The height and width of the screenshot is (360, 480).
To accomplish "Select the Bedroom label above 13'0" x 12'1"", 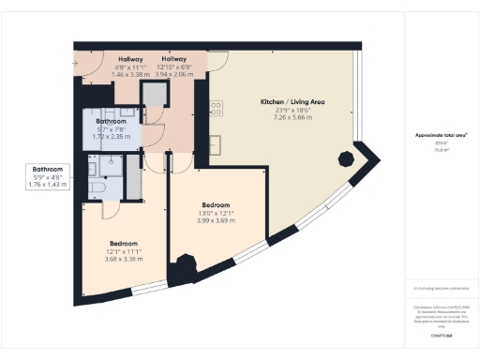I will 216,203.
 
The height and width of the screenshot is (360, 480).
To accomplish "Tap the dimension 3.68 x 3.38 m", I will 125,259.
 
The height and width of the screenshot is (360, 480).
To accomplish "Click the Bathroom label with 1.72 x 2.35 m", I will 111,121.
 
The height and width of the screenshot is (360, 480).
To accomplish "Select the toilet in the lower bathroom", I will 97,188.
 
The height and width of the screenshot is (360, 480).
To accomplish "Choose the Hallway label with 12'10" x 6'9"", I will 173,59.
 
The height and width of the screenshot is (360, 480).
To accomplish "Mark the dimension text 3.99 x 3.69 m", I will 216,219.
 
